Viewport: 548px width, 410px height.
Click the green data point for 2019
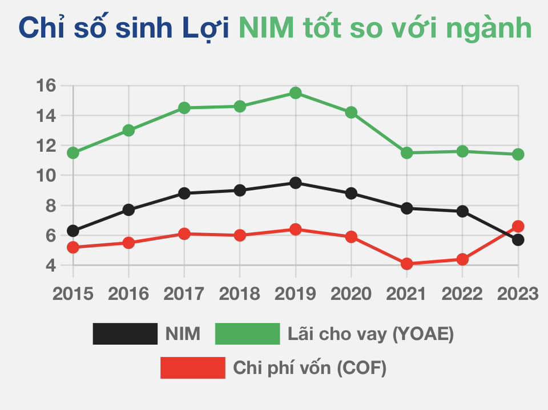pyautogui.click(x=295, y=93)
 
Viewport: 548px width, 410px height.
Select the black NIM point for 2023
pyautogui.click(x=518, y=240)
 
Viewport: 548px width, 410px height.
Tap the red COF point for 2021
pyautogui.click(x=406, y=264)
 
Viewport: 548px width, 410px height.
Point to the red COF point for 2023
pyautogui.click(x=518, y=226)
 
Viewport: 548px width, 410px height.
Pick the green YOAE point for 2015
pyautogui.click(x=73, y=153)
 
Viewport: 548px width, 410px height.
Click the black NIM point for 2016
pyautogui.click(x=128, y=210)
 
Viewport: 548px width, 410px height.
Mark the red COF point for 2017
pyautogui.click(x=184, y=234)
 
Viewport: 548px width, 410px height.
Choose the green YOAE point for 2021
pyautogui.click(x=406, y=153)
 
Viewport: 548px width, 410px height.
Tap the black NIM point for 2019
pyautogui.click(x=295, y=183)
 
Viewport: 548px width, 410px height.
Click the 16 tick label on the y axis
pyautogui.click(x=46, y=86)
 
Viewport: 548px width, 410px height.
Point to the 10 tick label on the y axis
pyautogui.click(x=46, y=175)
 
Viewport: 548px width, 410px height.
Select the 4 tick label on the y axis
pyautogui.click(x=50, y=266)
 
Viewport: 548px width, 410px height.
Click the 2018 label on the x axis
pyautogui.click(x=240, y=294)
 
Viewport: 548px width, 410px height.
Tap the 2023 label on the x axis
pyautogui.click(x=518, y=294)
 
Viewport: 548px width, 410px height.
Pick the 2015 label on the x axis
pyautogui.click(x=73, y=294)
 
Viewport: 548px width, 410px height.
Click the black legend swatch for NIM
pyautogui.click(x=125, y=333)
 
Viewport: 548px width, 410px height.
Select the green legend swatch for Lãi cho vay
pyautogui.click(x=247, y=333)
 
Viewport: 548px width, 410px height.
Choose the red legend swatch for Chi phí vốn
pyautogui.click(x=192, y=368)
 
